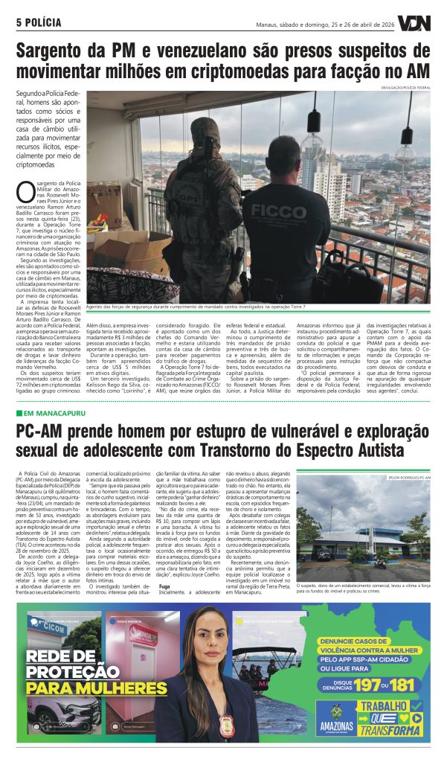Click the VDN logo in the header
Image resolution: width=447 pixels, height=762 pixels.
click(413, 23)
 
